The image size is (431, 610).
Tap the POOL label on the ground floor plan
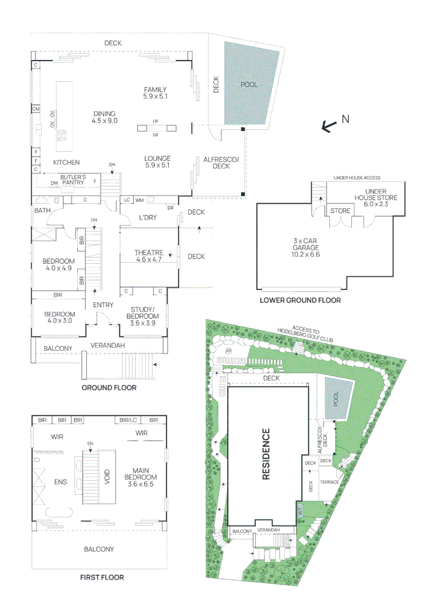[249, 85]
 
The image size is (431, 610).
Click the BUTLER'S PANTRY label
[74, 180]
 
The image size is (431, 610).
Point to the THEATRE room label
[149, 256]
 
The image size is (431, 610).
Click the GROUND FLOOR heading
[109, 388]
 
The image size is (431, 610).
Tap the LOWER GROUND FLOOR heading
[300, 300]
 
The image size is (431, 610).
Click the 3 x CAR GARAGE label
[306, 247]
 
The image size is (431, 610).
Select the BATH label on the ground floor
[42, 211]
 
